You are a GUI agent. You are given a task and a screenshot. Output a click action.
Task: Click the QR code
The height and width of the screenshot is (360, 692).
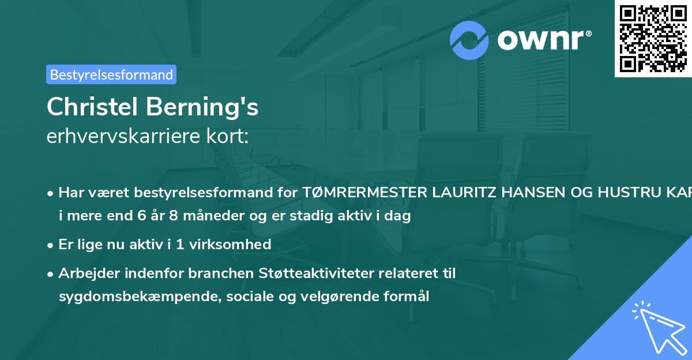click(x=653, y=39)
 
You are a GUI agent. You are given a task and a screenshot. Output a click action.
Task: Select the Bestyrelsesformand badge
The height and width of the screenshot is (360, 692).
click(x=111, y=74)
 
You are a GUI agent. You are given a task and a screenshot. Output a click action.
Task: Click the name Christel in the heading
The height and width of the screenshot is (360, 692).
click(x=91, y=107)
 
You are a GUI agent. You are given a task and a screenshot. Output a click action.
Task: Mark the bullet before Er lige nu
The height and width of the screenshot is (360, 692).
click(x=51, y=245)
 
